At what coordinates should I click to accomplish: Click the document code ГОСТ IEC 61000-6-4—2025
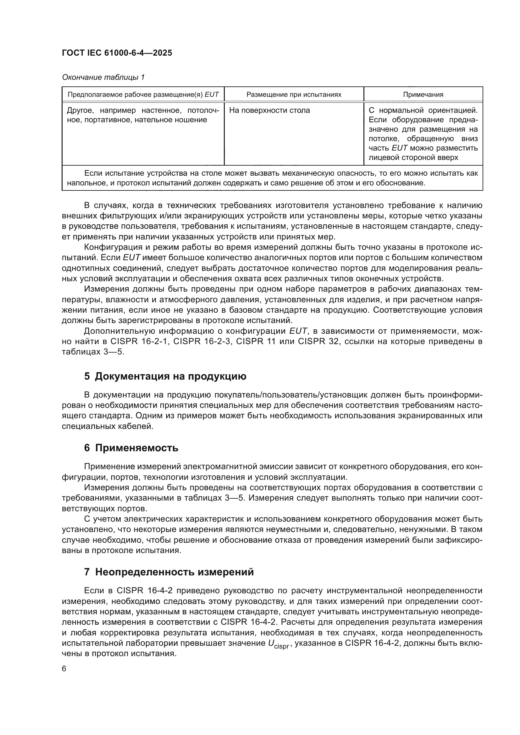pyautogui.click(x=117, y=53)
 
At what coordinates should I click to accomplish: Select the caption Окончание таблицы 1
pyautogui.click(x=103, y=77)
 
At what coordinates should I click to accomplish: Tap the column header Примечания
pyautogui.click(x=423, y=95)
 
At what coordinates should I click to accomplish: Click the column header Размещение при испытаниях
pyautogui.click(x=294, y=95)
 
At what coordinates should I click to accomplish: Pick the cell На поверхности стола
pyautogui.click(x=269, y=110)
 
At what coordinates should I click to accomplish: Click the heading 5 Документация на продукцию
pyautogui.click(x=165, y=376)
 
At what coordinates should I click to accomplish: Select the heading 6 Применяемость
pyautogui.click(x=131, y=448)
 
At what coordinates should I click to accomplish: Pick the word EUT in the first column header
pyautogui.click(x=212, y=95)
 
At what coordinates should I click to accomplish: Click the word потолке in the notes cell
pyautogui.click(x=383, y=139)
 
